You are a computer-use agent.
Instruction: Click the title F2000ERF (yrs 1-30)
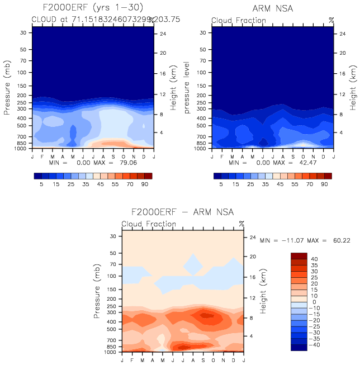[x=92, y=8]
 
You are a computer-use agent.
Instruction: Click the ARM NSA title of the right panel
[x=273, y=8]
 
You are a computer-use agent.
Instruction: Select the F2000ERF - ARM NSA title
[x=182, y=212]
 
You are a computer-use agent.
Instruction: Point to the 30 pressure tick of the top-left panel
[x=24, y=33]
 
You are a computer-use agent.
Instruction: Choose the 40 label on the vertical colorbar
[x=315, y=258]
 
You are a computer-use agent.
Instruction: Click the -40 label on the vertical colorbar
[x=316, y=345]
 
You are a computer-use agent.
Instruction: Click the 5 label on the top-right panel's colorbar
[x=221, y=183]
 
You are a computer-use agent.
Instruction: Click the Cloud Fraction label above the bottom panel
[x=149, y=224]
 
